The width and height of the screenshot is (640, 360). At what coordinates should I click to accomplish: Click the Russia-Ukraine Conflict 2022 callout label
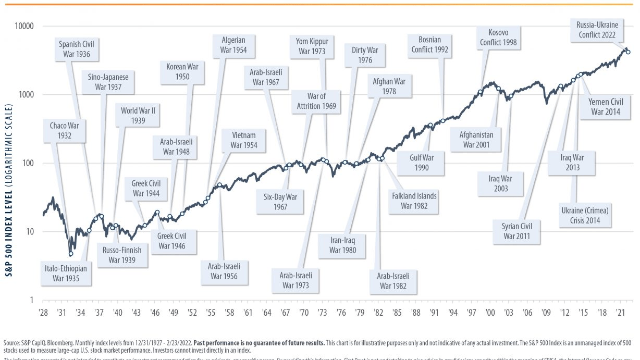[597, 30]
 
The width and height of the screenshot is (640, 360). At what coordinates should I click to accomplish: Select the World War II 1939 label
[137, 116]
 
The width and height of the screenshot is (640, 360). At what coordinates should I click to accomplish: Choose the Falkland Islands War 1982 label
[414, 201]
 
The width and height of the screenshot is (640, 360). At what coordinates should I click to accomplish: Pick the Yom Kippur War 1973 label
[312, 46]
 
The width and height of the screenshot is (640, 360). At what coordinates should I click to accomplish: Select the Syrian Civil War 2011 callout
[516, 231]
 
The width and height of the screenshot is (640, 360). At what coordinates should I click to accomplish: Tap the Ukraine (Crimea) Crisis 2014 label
[585, 215]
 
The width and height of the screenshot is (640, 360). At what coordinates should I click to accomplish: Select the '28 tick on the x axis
[43, 313]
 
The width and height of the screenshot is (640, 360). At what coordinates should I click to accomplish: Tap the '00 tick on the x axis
[490, 313]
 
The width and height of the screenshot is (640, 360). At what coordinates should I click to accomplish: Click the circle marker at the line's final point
[628, 52]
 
